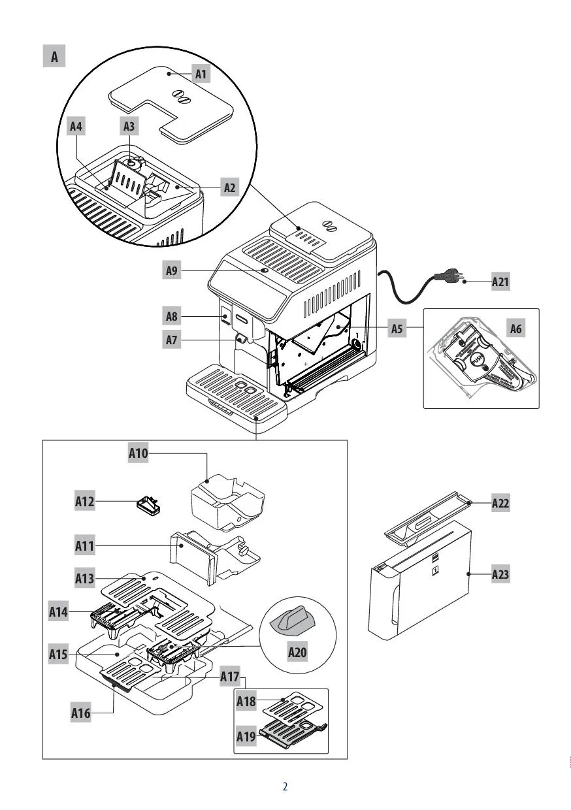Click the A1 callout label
tap(201, 74)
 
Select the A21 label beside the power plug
tap(500, 282)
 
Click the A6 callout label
tap(516, 329)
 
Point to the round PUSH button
tap(477, 360)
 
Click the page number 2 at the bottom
tap(285, 786)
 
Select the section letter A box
tap(55, 57)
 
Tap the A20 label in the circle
tap(298, 651)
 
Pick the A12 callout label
tap(85, 502)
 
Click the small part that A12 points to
tap(148, 506)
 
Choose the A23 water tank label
tap(500, 575)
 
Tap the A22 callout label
tap(500, 503)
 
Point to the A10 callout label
tap(138, 453)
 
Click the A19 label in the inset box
tap(246, 736)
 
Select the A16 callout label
tap(81, 713)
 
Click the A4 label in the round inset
tap(76, 126)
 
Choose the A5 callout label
tap(397, 329)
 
